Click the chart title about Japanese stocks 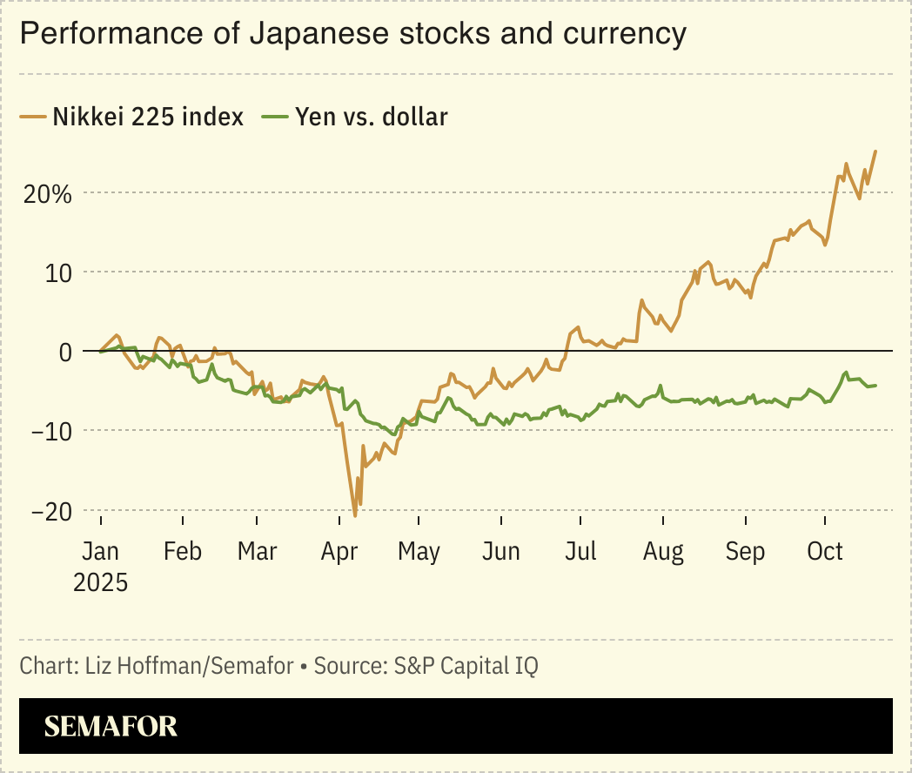click(352, 34)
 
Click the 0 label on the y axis click(64, 352)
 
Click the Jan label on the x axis click(100, 552)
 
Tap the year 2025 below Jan click(100, 581)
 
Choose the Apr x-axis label click(339, 552)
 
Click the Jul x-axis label click(580, 552)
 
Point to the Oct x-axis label click(824, 552)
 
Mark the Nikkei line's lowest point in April click(355, 516)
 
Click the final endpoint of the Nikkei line click(875, 151)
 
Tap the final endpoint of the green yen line click(875, 385)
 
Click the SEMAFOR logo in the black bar click(111, 726)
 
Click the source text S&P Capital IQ click(466, 667)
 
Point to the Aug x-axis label click(662, 552)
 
